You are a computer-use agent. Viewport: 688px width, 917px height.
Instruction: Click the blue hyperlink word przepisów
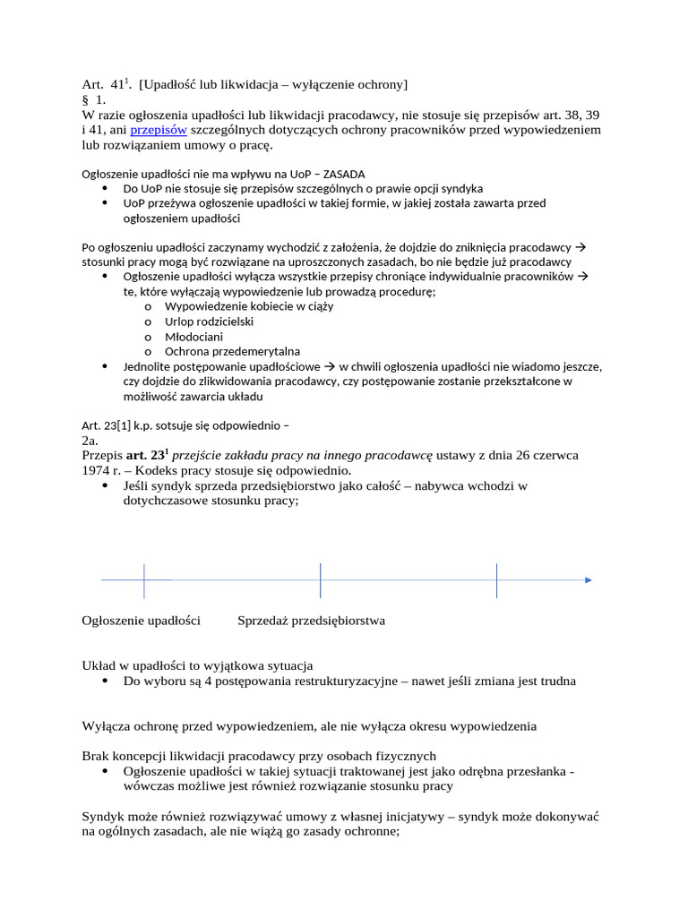point(159,130)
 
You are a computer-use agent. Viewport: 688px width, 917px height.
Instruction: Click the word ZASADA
point(340,174)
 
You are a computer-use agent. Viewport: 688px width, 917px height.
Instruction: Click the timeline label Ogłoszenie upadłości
point(141,621)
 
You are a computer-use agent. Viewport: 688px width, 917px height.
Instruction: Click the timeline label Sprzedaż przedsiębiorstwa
point(311,621)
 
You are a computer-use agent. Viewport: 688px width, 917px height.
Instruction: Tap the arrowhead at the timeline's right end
point(588,580)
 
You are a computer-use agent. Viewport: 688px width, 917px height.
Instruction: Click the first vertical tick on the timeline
point(144,580)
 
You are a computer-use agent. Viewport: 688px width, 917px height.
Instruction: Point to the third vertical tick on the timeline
point(497,580)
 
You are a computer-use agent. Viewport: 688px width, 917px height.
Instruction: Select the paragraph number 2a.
point(90,441)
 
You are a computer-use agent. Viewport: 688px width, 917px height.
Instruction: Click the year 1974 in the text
point(96,471)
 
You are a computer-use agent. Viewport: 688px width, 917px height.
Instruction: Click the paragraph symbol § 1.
point(94,100)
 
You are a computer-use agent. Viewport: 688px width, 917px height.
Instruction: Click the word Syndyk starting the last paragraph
point(102,817)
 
